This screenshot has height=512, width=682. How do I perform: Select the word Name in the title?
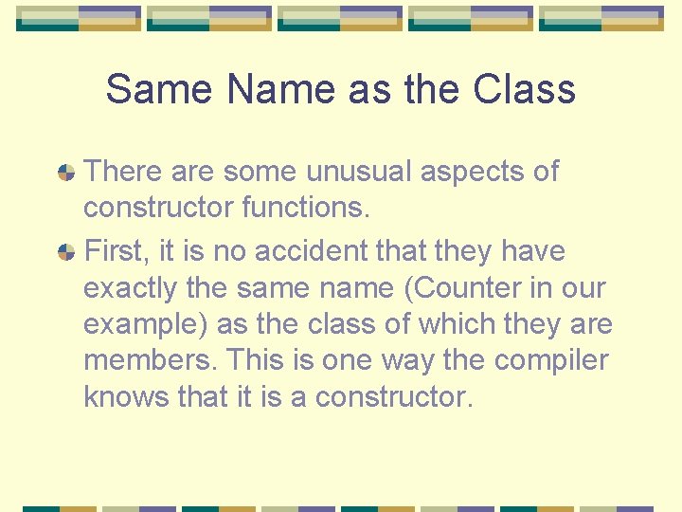(x=280, y=90)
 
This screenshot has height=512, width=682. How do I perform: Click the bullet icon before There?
(x=66, y=173)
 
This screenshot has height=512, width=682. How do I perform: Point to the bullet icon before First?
(x=66, y=252)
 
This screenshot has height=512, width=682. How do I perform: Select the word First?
(x=115, y=251)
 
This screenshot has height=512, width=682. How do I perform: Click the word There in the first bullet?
(x=124, y=172)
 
